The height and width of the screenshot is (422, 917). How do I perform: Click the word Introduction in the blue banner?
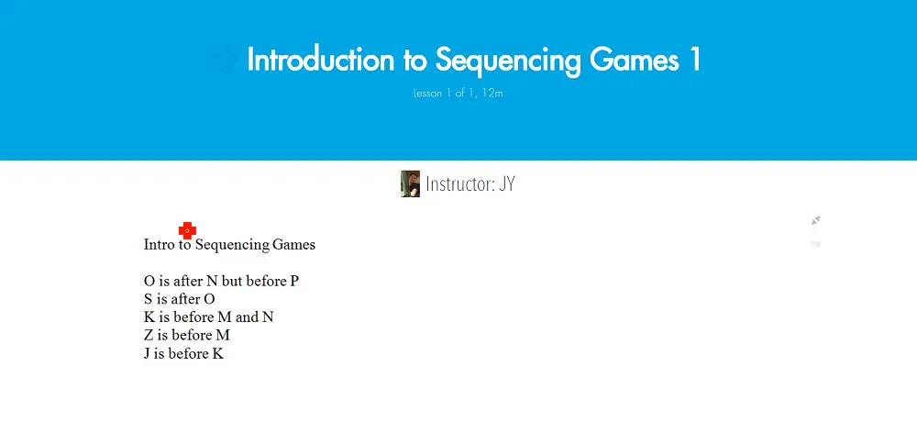(320, 59)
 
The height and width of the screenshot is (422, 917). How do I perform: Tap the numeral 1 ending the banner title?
(694, 59)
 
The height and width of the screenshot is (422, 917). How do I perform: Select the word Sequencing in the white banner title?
(508, 61)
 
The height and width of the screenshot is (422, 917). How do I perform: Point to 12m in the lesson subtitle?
(492, 93)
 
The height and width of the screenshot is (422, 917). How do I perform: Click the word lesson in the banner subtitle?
(428, 93)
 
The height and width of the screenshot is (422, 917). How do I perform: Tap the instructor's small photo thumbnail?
(410, 183)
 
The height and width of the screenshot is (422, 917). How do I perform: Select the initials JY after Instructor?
(507, 183)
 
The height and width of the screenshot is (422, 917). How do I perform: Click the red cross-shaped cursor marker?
(187, 230)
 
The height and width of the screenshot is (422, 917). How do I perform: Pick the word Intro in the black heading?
(159, 244)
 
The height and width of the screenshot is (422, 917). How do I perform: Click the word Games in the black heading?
(293, 244)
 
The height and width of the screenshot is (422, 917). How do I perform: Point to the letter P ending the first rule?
(294, 281)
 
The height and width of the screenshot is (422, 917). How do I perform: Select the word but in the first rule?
(232, 281)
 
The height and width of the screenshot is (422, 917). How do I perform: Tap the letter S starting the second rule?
(148, 299)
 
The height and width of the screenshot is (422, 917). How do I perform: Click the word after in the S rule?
(186, 299)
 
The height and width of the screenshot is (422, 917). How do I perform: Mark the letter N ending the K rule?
(268, 317)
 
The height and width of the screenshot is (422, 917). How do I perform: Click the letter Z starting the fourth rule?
(149, 336)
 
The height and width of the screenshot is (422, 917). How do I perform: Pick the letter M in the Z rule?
(223, 336)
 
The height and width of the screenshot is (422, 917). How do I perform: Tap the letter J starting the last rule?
(146, 353)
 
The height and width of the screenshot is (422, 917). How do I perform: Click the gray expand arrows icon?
(816, 221)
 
